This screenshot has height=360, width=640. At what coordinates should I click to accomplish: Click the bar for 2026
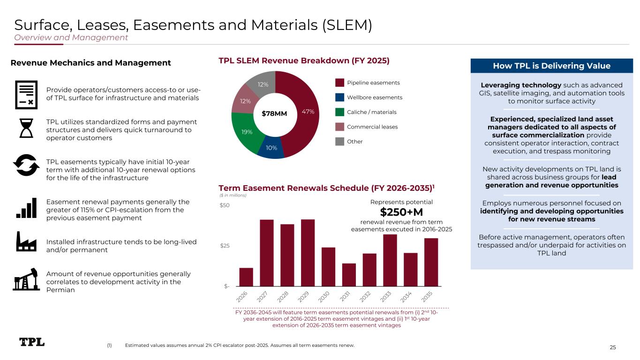point(246,277)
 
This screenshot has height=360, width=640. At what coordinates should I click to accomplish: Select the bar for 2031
point(349,275)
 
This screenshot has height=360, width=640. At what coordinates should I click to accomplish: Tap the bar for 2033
point(390,260)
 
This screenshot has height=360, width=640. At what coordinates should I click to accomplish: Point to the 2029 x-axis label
point(303,297)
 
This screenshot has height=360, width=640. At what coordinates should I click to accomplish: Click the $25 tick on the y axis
point(225,246)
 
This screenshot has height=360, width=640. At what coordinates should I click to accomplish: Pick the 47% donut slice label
point(308,112)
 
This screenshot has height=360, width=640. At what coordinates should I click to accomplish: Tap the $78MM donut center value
point(274,114)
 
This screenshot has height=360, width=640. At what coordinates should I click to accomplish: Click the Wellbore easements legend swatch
point(340,97)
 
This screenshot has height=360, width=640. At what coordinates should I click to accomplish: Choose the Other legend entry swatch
point(340,142)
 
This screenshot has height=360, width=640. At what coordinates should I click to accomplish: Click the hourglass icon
point(26,128)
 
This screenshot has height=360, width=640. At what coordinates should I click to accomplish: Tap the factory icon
point(26,241)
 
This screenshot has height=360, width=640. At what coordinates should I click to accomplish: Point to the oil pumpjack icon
point(26,279)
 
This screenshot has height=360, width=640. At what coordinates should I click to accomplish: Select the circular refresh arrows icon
point(26,165)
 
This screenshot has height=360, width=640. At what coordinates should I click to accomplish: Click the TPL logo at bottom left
point(32,342)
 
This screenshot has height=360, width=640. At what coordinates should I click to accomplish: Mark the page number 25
point(612,347)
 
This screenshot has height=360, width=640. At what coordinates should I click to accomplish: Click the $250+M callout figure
point(401,212)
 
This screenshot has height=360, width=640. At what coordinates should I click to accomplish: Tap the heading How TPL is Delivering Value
point(551,66)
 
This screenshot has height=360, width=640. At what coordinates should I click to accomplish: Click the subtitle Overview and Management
point(71,37)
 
